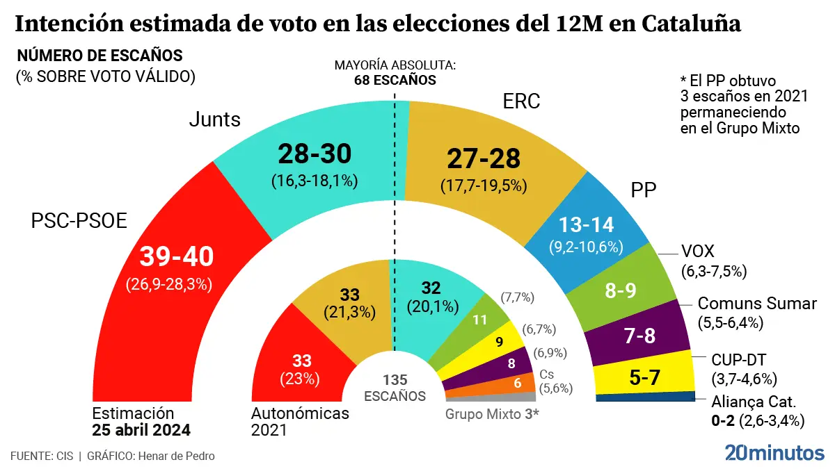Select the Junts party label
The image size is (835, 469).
coord(215,120)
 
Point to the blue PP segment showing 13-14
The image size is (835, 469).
coord(586,226)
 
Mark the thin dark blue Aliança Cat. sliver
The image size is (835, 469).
coord(646,397)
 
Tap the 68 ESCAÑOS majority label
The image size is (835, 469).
coord(395,80)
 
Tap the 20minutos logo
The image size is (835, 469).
coord(774,452)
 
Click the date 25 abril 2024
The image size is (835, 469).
coord(141,429)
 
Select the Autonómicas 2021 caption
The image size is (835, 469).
coord(299,421)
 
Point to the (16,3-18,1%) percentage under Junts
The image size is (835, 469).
coord(315,181)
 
